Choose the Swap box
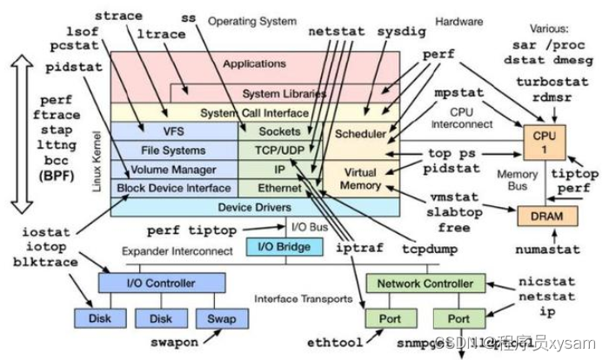216,318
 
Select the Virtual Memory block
359,178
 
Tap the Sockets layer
279,131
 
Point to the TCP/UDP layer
279,150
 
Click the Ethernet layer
279,187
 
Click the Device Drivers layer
253,207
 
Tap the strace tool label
117,16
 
